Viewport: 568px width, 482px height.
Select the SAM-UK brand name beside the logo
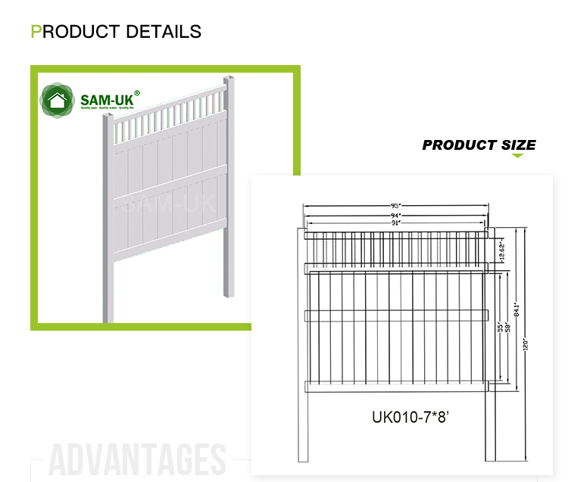(x=105, y=99)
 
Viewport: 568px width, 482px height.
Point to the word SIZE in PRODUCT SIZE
(x=518, y=145)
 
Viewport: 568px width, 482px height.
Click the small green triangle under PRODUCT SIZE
(x=517, y=156)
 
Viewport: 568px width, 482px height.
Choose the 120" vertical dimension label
(x=525, y=342)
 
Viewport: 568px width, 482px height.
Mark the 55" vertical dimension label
(x=501, y=328)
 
